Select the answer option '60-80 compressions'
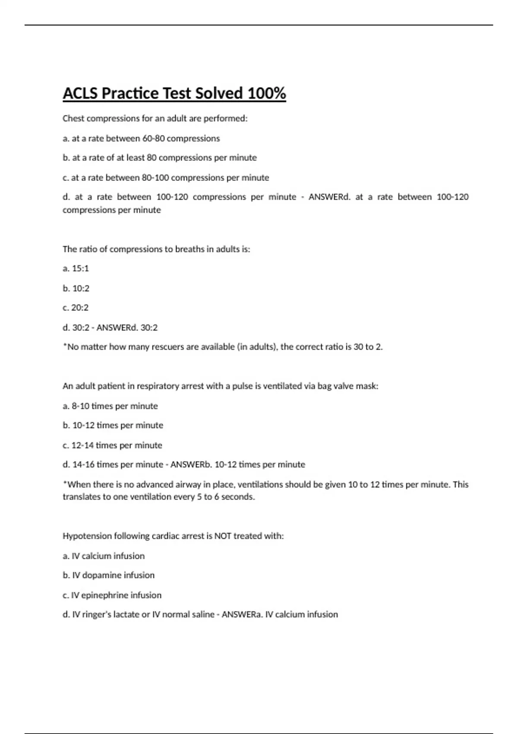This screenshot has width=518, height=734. [x=181, y=139]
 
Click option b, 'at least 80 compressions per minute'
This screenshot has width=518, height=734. [x=160, y=158]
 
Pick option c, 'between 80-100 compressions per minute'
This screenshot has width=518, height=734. [x=166, y=178]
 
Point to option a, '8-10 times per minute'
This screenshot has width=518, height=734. [x=111, y=406]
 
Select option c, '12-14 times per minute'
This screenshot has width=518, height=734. [x=113, y=445]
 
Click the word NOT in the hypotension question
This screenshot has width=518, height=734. [x=223, y=536]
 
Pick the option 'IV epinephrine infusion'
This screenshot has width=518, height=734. [x=112, y=595]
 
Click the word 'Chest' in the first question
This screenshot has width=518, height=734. [x=73, y=118]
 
